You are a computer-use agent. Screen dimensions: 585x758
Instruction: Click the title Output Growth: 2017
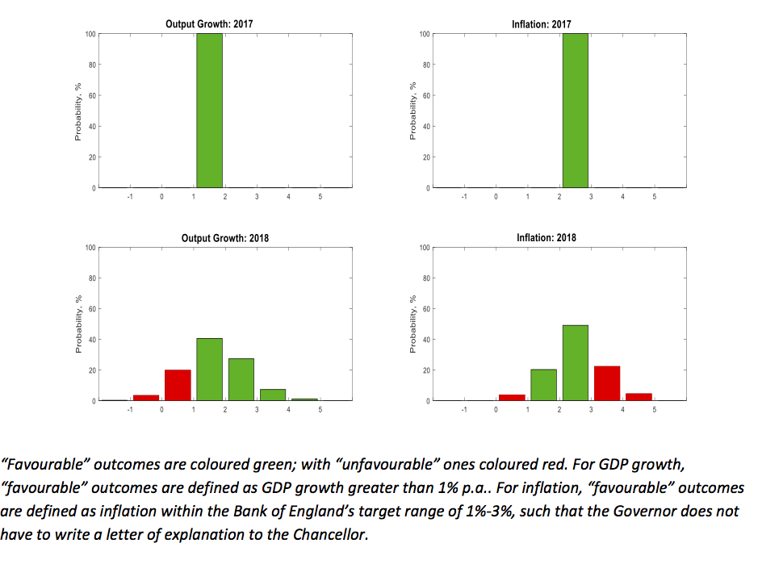(x=209, y=24)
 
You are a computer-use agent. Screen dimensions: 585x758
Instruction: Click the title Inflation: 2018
(x=547, y=238)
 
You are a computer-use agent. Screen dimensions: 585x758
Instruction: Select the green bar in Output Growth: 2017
(x=209, y=111)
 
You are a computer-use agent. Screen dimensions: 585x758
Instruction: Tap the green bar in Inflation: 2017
(x=575, y=111)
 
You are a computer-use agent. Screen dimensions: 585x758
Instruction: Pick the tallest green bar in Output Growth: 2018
(x=209, y=370)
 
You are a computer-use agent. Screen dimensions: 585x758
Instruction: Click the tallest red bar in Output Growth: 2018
(x=178, y=386)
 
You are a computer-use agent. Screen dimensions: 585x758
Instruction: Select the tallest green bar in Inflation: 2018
(x=575, y=363)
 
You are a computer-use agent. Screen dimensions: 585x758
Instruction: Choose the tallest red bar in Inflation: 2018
(x=606, y=383)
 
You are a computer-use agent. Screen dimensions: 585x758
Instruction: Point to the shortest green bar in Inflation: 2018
(x=543, y=385)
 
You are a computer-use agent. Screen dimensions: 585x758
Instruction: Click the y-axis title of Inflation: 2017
(x=413, y=111)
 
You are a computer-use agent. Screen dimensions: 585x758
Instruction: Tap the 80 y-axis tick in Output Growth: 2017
(x=90, y=65)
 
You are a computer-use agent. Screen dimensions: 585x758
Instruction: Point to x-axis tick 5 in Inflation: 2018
(x=655, y=410)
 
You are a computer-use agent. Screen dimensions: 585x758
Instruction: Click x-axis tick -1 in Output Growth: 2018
(x=129, y=410)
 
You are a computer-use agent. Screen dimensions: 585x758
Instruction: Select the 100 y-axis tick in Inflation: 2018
(x=424, y=247)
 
